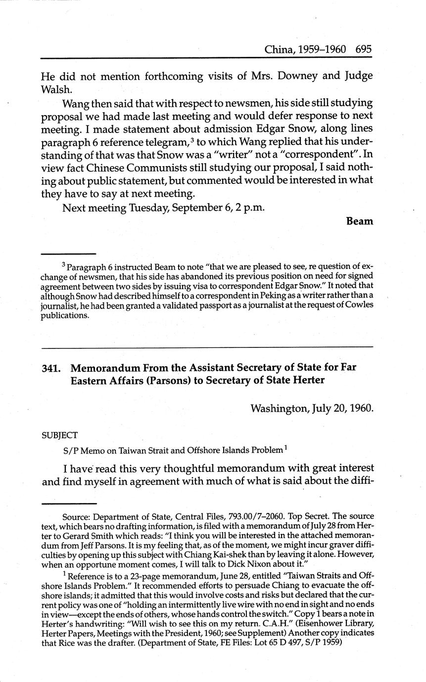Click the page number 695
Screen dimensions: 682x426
point(363,49)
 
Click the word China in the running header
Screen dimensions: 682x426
point(278,49)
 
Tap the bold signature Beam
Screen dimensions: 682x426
point(360,221)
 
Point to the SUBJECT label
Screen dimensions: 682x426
point(59,435)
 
